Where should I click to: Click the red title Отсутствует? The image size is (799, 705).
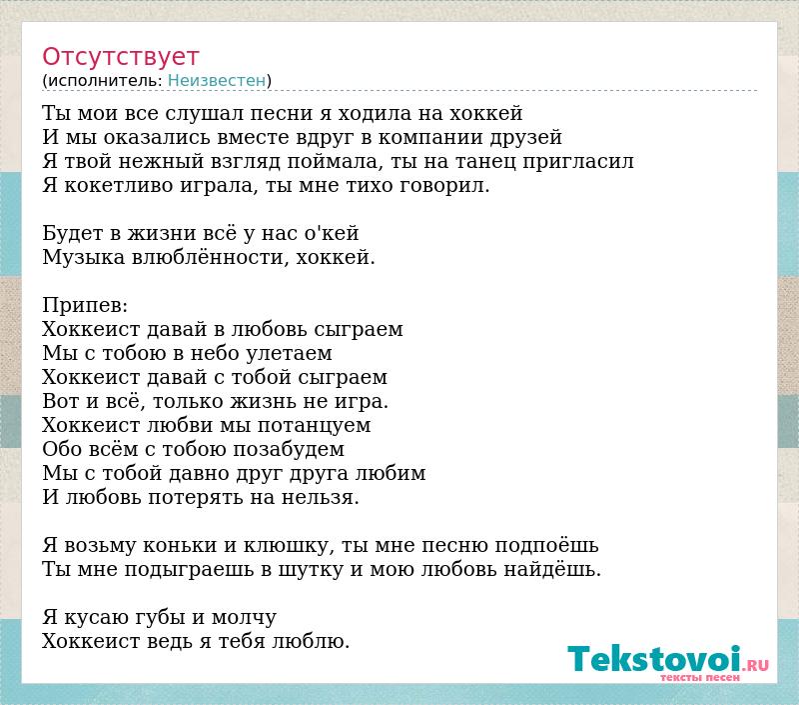pyautogui.click(x=120, y=57)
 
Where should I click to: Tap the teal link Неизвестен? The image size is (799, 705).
pyautogui.click(x=217, y=81)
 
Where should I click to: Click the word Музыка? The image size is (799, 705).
pyautogui.click(x=84, y=258)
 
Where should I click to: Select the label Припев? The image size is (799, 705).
pyautogui.click(x=85, y=306)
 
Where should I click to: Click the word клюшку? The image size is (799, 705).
pyautogui.click(x=289, y=546)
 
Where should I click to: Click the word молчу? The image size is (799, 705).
pyautogui.click(x=244, y=618)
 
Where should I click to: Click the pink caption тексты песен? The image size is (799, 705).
pyautogui.click(x=700, y=677)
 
